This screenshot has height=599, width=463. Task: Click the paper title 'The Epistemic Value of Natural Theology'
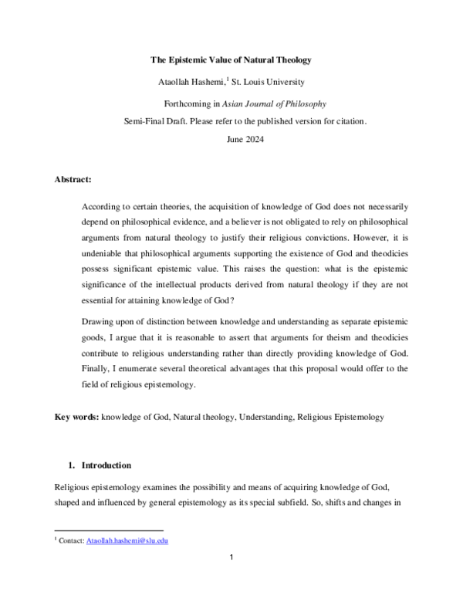tap(231, 60)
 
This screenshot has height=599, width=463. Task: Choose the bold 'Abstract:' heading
tap(73, 180)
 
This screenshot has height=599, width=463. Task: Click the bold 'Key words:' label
tap(76, 418)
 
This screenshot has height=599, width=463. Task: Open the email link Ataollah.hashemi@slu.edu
tap(127, 541)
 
